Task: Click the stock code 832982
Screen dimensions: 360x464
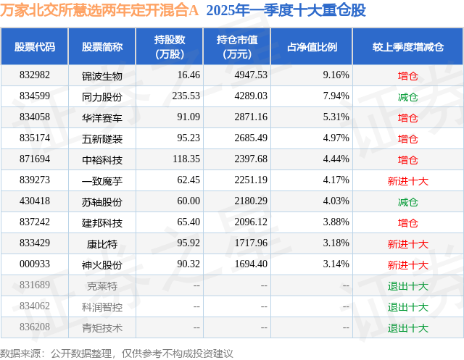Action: pos(35,75)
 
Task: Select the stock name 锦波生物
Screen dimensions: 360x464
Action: pos(102,75)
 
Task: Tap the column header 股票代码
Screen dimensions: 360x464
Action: pos(35,47)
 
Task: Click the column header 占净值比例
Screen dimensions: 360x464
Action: pos(317,47)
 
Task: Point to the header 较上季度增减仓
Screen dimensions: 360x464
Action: pos(407,47)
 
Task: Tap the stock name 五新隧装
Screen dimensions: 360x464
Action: pos(102,138)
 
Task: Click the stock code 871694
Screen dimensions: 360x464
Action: pos(35,159)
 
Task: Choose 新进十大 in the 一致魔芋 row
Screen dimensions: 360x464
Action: pos(407,180)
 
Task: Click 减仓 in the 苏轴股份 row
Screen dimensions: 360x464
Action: pos(407,201)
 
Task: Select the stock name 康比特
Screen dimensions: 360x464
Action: pos(102,244)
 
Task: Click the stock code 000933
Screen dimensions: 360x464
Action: pos(35,264)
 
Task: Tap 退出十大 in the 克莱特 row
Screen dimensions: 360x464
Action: pos(407,285)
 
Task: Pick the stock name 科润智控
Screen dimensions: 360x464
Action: pos(102,306)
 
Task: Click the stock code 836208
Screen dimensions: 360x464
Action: pos(35,327)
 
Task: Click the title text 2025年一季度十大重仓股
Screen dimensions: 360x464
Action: pos(286,11)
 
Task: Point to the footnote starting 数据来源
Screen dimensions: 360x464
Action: pos(117,353)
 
